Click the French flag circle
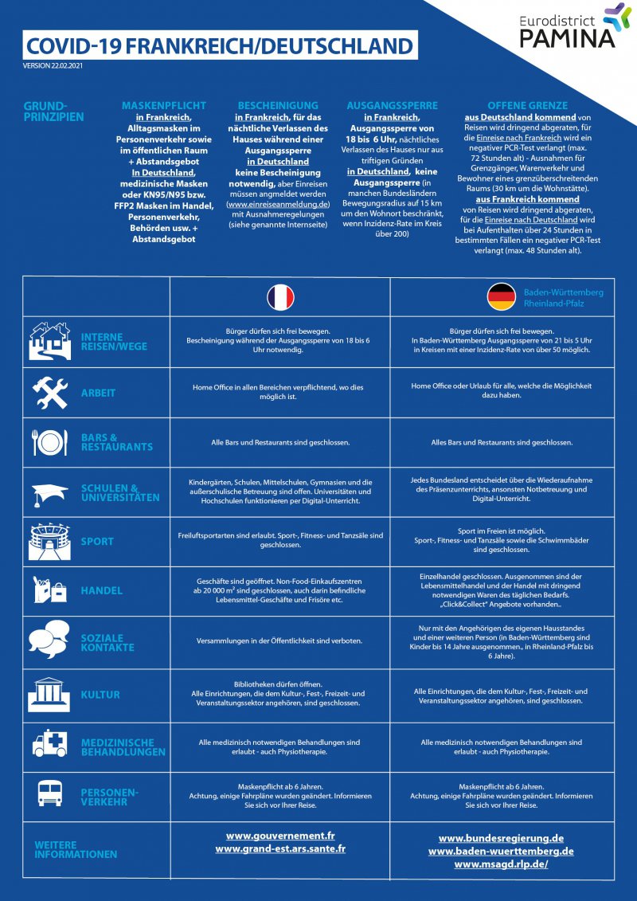[x=280, y=298]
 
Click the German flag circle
[x=502, y=296]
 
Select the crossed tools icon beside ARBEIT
[x=50, y=393]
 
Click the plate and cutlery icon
[x=49, y=442]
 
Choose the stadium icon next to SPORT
[x=49, y=541]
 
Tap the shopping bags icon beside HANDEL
[x=50, y=589]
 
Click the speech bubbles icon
[x=49, y=639]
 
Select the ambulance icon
[x=49, y=743]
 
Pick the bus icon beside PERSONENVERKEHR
[x=49, y=793]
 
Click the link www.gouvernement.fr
[x=280, y=836]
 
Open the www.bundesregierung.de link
[x=502, y=838]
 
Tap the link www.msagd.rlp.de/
[x=502, y=864]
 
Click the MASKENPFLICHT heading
[x=164, y=106]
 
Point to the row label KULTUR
[x=100, y=695]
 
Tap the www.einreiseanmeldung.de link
[x=278, y=204]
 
